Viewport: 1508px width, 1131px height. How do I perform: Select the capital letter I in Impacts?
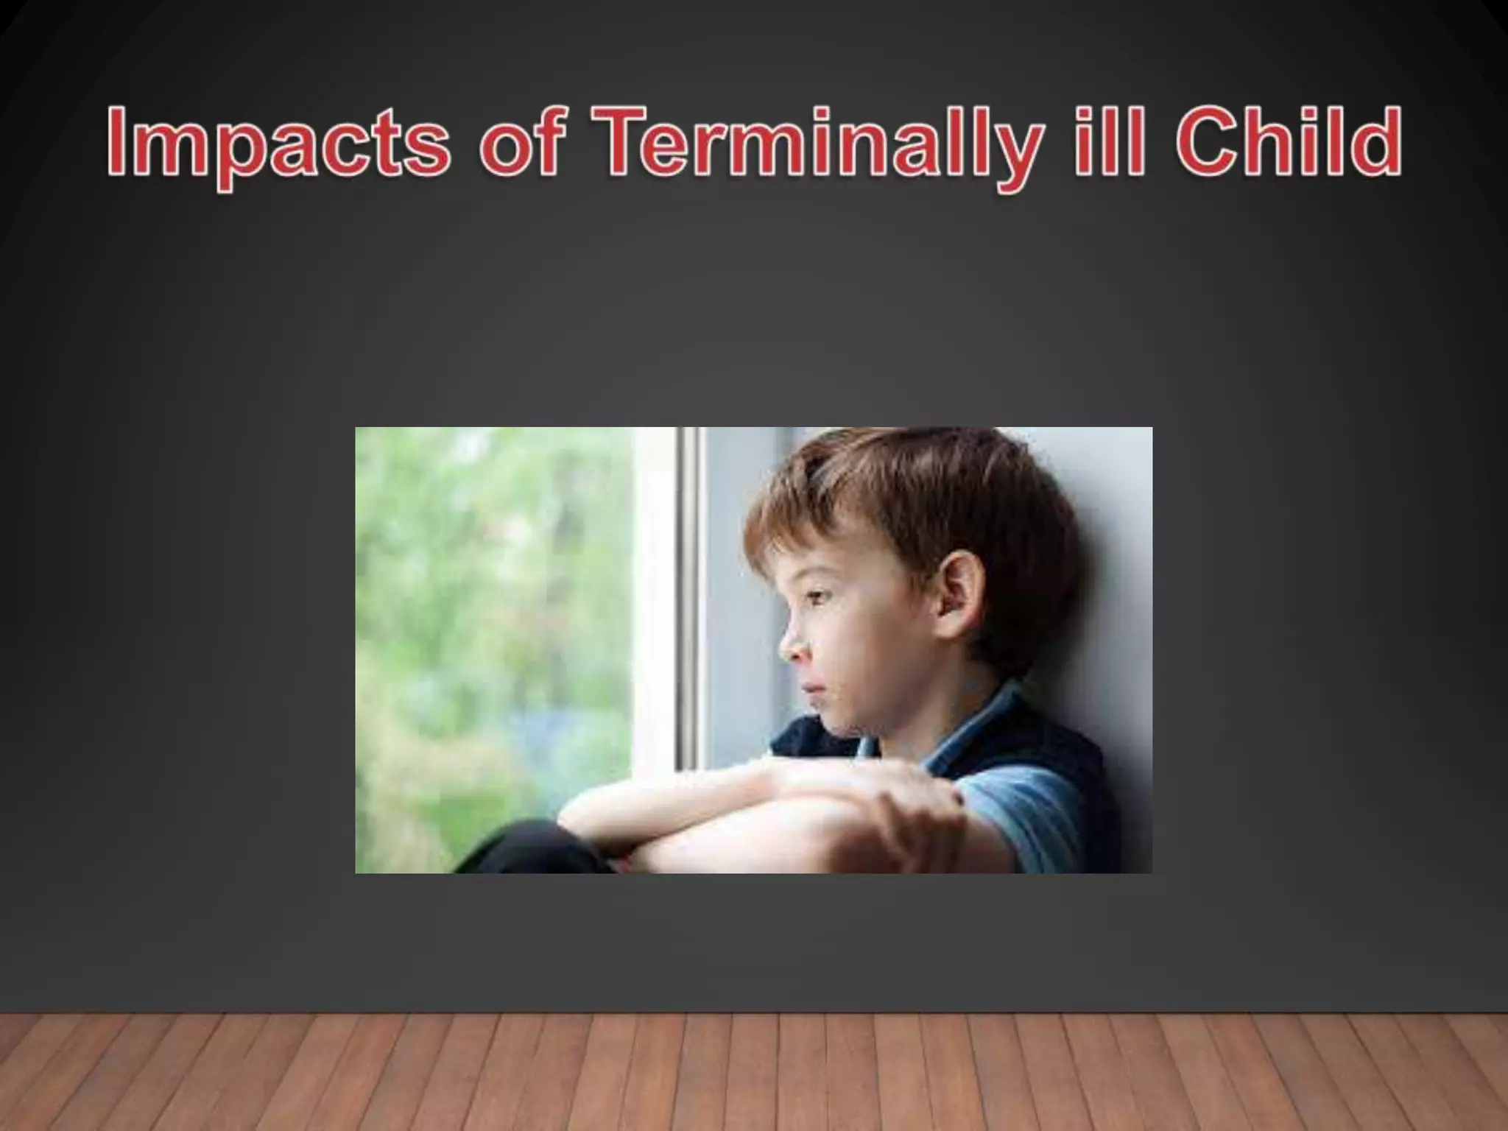(118, 140)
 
